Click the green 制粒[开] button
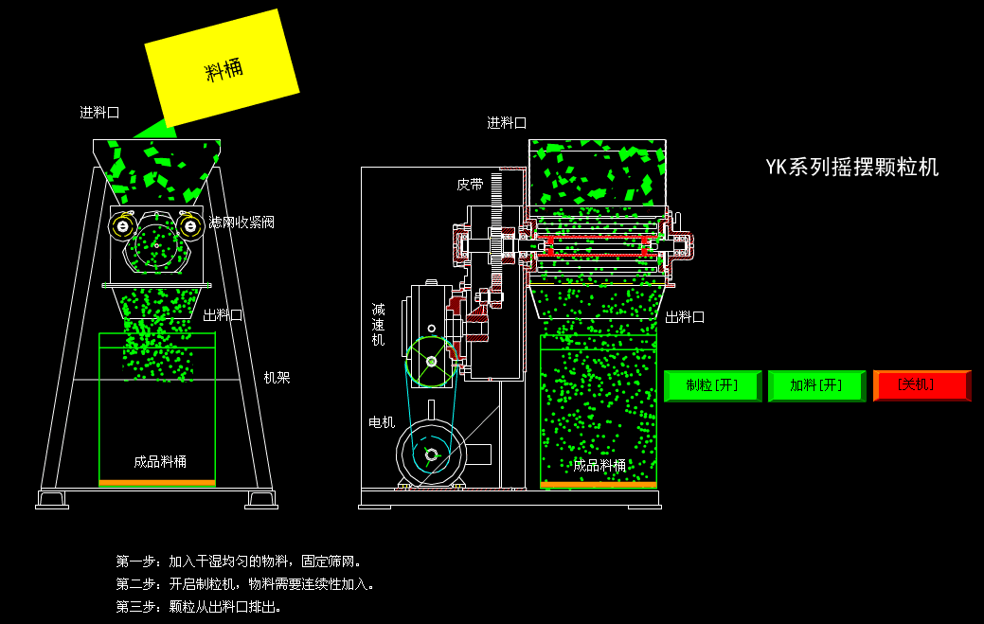[x=713, y=385]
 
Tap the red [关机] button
[x=921, y=385]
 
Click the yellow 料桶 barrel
[x=223, y=68]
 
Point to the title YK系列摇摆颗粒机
[x=851, y=168]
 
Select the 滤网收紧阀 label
[x=242, y=222]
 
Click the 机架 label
[x=277, y=378]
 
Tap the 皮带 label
[x=470, y=185]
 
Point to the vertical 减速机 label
[x=378, y=324]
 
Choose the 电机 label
[x=382, y=422]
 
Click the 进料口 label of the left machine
[x=99, y=113]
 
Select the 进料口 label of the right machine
[x=507, y=123]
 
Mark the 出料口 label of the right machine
[x=685, y=317]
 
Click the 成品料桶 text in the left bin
[x=160, y=462]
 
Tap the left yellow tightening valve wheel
[x=123, y=225]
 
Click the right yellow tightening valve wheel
[x=190, y=225]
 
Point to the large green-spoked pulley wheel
[x=432, y=362]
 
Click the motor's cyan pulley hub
[x=431, y=455]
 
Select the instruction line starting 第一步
[x=239, y=562]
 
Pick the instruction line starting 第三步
[x=199, y=607]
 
